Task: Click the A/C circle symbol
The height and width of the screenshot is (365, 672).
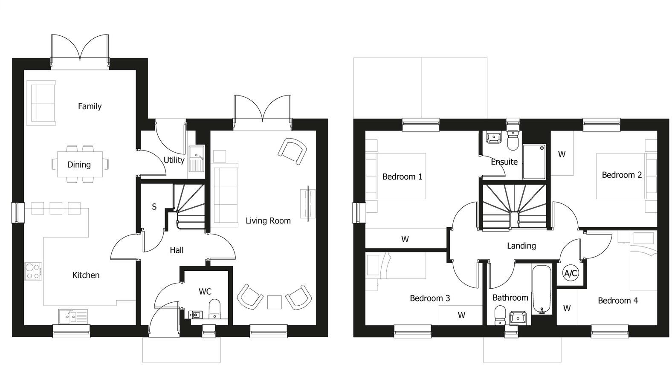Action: pyautogui.click(x=571, y=273)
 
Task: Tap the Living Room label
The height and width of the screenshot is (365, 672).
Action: pyautogui.click(x=268, y=221)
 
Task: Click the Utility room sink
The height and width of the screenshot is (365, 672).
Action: pyautogui.click(x=196, y=159)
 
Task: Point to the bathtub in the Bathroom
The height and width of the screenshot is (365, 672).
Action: pyautogui.click(x=542, y=289)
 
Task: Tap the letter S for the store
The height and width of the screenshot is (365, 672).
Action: pyautogui.click(x=154, y=207)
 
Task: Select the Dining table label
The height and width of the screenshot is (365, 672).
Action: pyautogui.click(x=79, y=165)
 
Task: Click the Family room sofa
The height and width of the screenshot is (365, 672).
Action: pyautogui.click(x=41, y=103)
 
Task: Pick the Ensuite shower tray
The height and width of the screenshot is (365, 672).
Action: pyautogui.click(x=534, y=162)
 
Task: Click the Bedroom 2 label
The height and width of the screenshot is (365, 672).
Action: pyautogui.click(x=621, y=175)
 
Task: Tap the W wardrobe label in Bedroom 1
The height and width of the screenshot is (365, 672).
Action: pyautogui.click(x=405, y=240)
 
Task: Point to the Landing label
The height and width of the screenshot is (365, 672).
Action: pyautogui.click(x=521, y=246)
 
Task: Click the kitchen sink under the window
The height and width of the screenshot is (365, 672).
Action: pyautogui.click(x=73, y=316)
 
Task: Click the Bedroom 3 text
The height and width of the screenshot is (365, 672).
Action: pyautogui.click(x=429, y=298)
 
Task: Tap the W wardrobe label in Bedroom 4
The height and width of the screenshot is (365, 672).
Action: pyautogui.click(x=567, y=308)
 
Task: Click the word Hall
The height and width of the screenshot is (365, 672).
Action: pyautogui.click(x=177, y=250)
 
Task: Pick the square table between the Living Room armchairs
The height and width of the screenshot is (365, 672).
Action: pyautogui.click(x=274, y=302)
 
